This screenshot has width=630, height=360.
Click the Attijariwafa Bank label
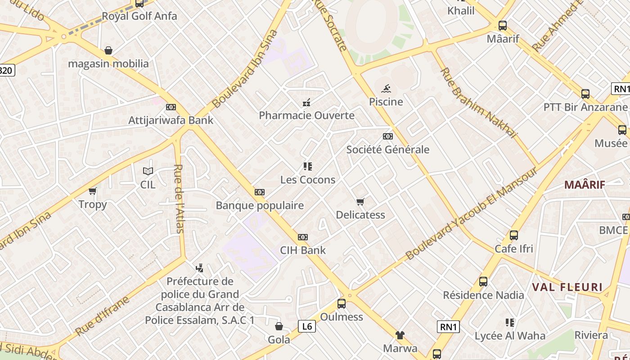click(171, 120)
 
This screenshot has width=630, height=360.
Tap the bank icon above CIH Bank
click(303, 237)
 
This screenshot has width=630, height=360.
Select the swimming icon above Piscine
click(386, 89)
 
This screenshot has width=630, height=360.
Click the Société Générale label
click(387, 149)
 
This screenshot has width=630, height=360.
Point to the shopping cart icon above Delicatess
click(360, 202)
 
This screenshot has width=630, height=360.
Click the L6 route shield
click(306, 326)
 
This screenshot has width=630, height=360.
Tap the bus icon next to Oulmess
click(342, 304)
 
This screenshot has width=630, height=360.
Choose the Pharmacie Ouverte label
click(306, 115)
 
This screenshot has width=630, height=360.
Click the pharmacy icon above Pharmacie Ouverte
click(306, 103)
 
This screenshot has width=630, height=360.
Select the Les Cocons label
click(308, 180)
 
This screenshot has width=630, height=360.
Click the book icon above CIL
click(148, 171)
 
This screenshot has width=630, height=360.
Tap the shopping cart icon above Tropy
click(93, 191)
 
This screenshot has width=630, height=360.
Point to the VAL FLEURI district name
click(567, 287)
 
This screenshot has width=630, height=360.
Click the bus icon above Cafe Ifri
click(514, 235)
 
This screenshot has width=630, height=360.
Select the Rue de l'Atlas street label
click(179, 198)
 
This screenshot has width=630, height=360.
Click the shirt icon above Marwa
click(400, 335)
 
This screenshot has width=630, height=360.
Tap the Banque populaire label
click(260, 206)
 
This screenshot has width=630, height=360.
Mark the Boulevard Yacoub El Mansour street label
click(471, 214)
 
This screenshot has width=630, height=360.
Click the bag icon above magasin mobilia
click(108, 50)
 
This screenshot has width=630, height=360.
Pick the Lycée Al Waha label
click(510, 336)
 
